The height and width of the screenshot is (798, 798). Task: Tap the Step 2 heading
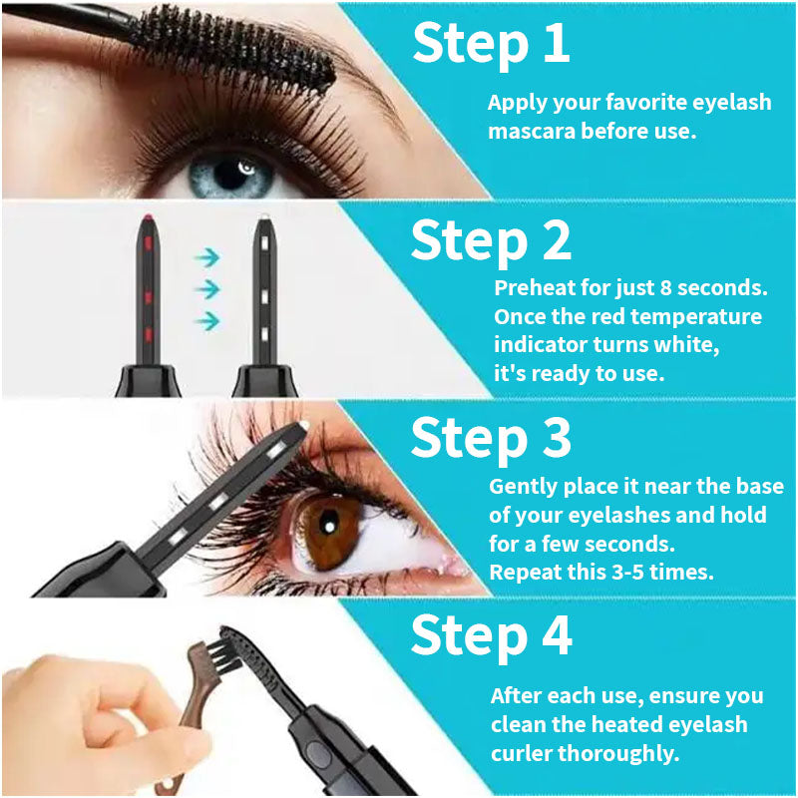point(491,241)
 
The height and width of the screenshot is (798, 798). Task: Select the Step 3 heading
point(491,438)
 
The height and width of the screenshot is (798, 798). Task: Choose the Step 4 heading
point(491,635)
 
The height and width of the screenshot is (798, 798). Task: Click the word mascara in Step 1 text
point(529,131)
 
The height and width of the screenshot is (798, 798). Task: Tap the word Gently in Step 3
point(523,487)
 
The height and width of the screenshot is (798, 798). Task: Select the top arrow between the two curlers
point(206,257)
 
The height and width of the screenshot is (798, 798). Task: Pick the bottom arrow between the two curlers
point(206,320)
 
